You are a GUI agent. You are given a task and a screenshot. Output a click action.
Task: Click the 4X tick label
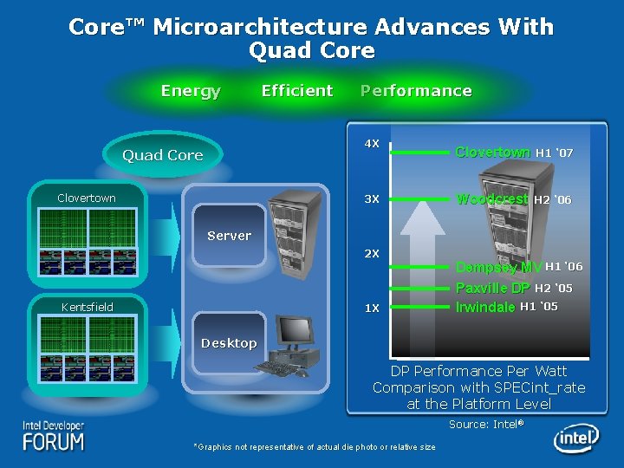pos(371,143)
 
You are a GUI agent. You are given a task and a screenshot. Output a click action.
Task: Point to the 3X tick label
pos(371,199)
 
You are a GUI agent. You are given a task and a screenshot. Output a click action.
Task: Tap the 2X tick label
pos(371,254)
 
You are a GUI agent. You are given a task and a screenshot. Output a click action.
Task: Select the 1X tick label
pos(371,309)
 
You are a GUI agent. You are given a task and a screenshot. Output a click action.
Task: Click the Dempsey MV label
pos(498,267)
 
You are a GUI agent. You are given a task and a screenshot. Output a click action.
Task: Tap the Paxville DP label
pos(493,288)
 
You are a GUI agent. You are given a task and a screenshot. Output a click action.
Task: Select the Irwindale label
pos(485,307)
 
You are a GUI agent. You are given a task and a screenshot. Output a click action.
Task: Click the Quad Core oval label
pos(162,155)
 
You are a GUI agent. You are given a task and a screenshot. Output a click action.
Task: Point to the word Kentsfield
pos(87,307)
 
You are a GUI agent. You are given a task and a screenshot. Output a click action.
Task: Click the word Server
pos(229,236)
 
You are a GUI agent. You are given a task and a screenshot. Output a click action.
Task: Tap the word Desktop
pos(229,343)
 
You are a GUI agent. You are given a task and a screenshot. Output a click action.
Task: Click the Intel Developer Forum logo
pos(54,435)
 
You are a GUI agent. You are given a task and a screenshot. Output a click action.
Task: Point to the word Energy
pos(191,91)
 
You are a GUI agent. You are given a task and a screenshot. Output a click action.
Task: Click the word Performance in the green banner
pos(416,91)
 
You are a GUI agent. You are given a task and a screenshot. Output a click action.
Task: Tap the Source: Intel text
pos(486,424)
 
